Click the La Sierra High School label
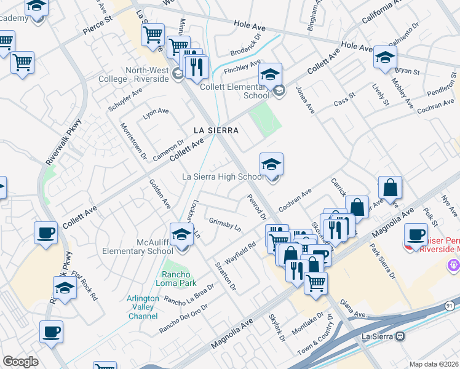pyautogui.click(x=223, y=177)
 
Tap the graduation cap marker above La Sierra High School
pyautogui.click(x=271, y=165)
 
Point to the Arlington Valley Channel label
pyautogui.click(x=143, y=307)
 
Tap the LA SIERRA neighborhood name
pyautogui.click(x=216, y=130)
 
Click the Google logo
pyautogui.click(x=20, y=362)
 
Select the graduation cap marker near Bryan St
pyautogui.click(x=385, y=58)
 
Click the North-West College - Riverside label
pyautogui.click(x=148, y=74)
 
